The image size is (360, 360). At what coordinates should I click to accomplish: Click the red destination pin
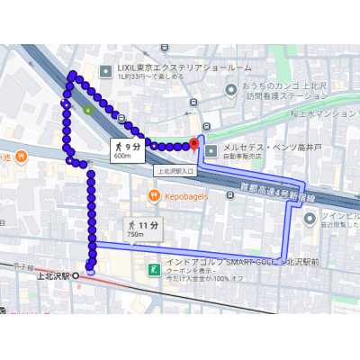pyautogui.click(x=194, y=143)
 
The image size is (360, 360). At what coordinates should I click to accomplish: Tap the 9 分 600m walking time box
pyautogui.click(x=127, y=149)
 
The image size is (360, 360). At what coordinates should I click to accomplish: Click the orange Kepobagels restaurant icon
pyautogui.click(x=154, y=195)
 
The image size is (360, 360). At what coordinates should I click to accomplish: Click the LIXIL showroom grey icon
pyautogui.click(x=106, y=67)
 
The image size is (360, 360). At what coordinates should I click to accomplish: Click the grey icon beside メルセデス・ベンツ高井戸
pyautogui.click(x=211, y=150)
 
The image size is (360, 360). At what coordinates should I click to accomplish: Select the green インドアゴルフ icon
pyautogui.click(x=154, y=269)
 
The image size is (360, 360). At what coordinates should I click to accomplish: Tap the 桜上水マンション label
pyautogui.click(x=324, y=114)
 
